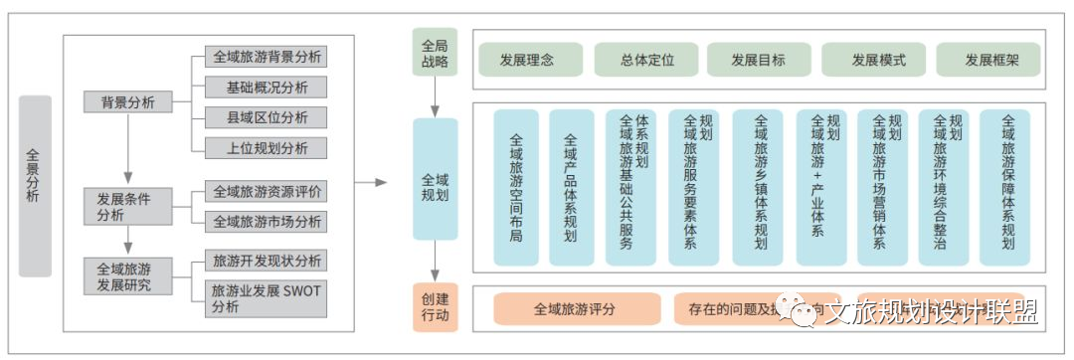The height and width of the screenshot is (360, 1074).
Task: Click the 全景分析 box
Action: pyautogui.click(x=35, y=185)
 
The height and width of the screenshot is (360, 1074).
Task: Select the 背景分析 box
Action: pyautogui.click(x=126, y=102)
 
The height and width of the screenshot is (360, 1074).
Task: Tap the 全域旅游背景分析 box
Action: pyautogui.click(x=267, y=57)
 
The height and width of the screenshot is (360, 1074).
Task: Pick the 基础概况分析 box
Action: pyautogui.click(x=267, y=87)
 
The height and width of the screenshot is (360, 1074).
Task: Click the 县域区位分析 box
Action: pyautogui.click(x=267, y=117)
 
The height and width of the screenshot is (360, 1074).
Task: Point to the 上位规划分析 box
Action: pyautogui.click(x=267, y=148)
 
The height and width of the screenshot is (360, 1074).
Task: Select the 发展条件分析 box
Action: pyautogui.click(x=126, y=207)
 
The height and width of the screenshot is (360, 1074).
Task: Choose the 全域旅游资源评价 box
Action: pyautogui.click(x=267, y=191)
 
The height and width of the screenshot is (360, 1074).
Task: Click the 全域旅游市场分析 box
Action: pyautogui.click(x=267, y=221)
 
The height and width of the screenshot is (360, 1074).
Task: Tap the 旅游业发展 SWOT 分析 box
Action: pyautogui.click(x=267, y=298)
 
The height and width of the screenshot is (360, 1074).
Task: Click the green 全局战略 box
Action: pyautogui.click(x=435, y=53)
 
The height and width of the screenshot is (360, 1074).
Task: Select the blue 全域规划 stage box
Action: pyautogui.click(x=435, y=187)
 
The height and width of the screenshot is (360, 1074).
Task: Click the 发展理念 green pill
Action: pyautogui.click(x=526, y=60)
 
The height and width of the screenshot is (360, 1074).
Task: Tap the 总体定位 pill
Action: pyautogui.click(x=647, y=60)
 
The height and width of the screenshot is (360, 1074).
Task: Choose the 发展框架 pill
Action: pyautogui.click(x=991, y=60)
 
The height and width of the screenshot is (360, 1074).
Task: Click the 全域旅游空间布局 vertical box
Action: pyautogui.click(x=515, y=187)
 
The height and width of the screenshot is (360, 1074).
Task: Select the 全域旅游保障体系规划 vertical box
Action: pyautogui.click(x=1006, y=187)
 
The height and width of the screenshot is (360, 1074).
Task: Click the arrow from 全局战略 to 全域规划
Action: pyautogui.click(x=435, y=97)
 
